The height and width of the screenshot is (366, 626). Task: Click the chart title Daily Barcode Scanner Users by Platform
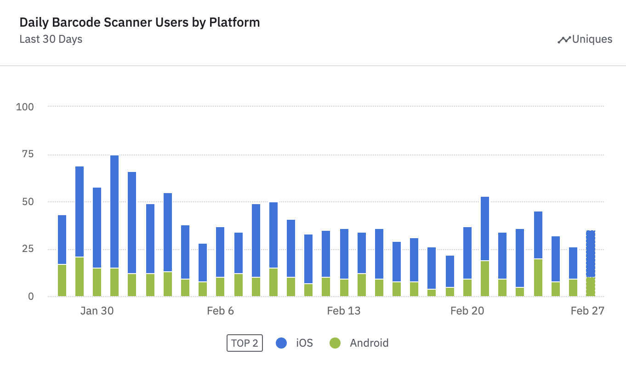click(139, 23)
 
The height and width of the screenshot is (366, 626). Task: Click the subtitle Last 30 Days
click(51, 39)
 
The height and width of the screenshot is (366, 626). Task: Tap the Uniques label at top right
click(592, 39)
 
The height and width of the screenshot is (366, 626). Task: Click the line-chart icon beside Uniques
click(564, 40)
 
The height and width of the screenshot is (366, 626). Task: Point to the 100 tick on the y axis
click(25, 107)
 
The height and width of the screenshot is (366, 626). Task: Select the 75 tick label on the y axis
click(28, 154)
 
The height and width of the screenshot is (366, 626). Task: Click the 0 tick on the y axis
click(31, 297)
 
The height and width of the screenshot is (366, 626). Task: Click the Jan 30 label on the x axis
click(97, 311)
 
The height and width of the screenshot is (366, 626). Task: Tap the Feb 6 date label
click(220, 311)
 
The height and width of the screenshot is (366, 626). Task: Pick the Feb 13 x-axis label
click(344, 311)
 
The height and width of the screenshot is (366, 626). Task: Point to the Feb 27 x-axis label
click(587, 311)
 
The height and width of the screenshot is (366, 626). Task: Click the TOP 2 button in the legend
click(245, 343)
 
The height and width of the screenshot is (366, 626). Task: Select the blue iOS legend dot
click(281, 343)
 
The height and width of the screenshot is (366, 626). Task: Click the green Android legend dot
click(335, 343)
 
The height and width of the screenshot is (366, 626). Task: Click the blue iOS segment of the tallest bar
click(114, 212)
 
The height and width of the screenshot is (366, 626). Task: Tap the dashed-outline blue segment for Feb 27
click(591, 254)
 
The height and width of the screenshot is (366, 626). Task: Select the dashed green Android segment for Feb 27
click(591, 287)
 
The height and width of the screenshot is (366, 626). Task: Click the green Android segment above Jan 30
click(97, 282)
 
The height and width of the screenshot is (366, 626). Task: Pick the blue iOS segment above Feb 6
click(220, 252)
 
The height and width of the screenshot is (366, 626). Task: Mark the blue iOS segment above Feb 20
click(467, 253)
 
